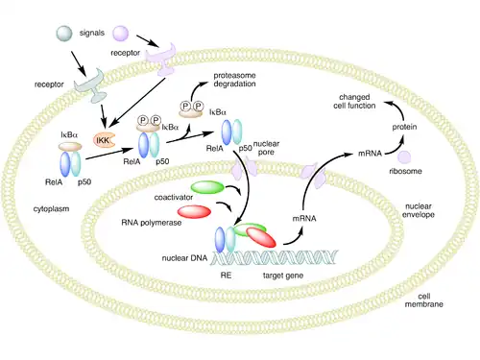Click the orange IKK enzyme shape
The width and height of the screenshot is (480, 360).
104,140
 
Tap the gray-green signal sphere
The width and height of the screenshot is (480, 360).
64,34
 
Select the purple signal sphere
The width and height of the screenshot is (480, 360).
121,34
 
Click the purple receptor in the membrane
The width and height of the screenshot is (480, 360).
161,60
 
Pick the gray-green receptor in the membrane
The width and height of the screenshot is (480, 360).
91,85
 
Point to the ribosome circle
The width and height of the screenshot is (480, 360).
404,157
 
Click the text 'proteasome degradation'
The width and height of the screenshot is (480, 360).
234,80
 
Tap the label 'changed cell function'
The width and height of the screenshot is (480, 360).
354,101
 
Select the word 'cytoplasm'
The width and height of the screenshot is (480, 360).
51,209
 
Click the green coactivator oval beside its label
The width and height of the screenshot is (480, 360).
207,187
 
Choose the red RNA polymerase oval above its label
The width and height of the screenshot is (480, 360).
194,212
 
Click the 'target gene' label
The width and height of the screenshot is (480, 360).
283,276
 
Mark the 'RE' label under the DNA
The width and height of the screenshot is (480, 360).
226,276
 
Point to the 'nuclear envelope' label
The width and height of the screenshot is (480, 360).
419,210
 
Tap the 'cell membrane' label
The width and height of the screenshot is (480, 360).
424,300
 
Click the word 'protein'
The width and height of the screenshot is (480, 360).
404,127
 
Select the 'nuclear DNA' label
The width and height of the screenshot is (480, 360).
184,258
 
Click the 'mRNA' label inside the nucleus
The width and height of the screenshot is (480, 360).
304,219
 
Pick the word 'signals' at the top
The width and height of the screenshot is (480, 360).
92,33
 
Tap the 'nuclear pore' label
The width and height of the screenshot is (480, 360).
266,148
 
